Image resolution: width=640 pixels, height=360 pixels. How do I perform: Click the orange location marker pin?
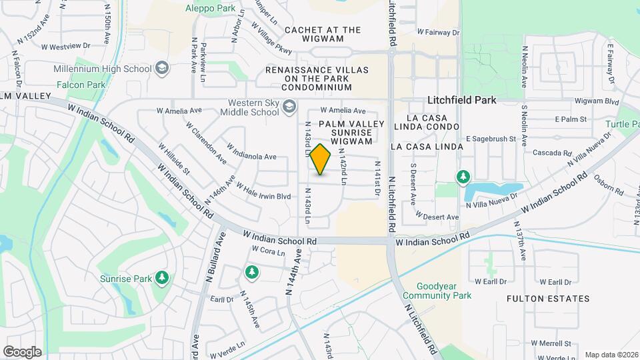click(321, 159)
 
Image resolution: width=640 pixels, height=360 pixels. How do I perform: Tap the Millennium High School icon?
click(161, 68)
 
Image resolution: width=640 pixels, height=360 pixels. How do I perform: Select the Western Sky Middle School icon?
click(289, 107)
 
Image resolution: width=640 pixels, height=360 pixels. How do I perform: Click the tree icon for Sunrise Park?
click(161, 277)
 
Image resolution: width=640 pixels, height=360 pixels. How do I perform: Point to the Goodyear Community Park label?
click(437, 291)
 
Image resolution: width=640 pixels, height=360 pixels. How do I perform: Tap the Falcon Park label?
click(81, 85)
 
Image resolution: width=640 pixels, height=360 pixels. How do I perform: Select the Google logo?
click(22, 351)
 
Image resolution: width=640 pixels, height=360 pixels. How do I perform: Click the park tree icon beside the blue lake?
click(462, 177)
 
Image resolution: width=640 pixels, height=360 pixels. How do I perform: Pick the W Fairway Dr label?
click(438, 31)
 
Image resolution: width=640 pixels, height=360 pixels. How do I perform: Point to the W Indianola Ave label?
click(251, 151)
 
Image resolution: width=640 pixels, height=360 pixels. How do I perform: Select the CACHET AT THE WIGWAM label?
click(323, 34)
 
